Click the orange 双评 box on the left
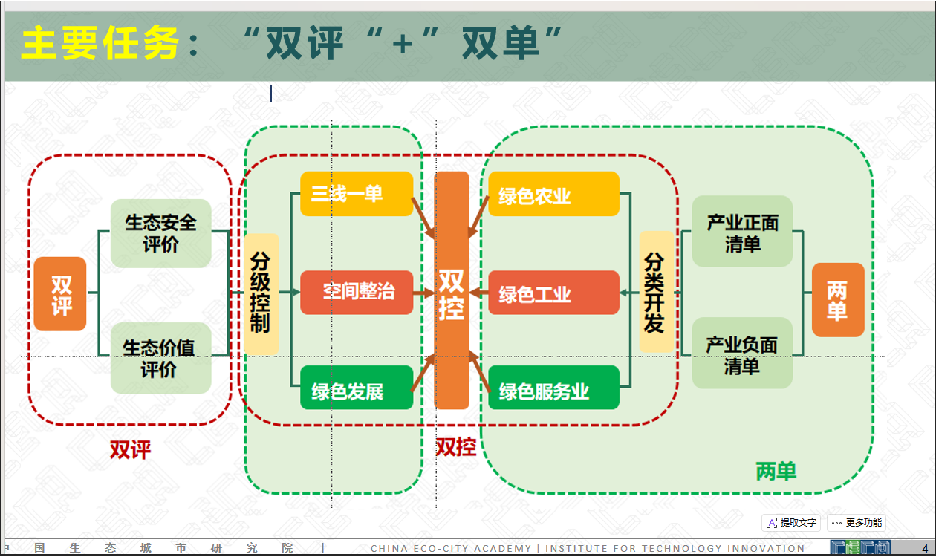tap(60, 293)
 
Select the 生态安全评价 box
tap(160, 233)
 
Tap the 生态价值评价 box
tap(160, 358)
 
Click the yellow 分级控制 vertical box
tap(261, 293)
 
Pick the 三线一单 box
tap(357, 194)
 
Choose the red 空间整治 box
tap(357, 292)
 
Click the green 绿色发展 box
tap(357, 388)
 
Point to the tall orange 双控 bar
tap(452, 291)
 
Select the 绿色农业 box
tap(553, 194)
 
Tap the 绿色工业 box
tap(553, 293)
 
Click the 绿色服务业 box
tap(553, 388)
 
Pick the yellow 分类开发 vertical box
tap(655, 291)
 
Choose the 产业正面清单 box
tap(742, 232)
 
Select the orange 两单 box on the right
tap(837, 300)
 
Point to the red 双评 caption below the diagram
tap(131, 449)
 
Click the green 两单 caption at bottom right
tap(776, 471)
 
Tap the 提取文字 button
tap(791, 523)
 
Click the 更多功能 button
tap(857, 523)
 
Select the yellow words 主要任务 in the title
tap(100, 44)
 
